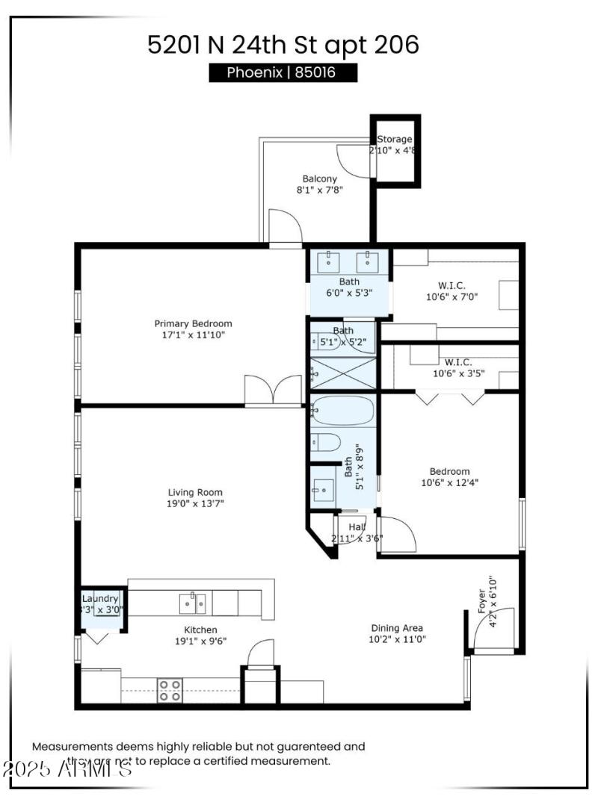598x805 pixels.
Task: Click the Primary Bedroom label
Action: pyautogui.click(x=193, y=323)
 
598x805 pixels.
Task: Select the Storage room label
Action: pyautogui.click(x=394, y=139)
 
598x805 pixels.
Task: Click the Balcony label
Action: pyautogui.click(x=319, y=178)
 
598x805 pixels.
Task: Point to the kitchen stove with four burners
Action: pyautogui.click(x=170, y=686)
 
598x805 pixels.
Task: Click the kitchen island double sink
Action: pyautogui.click(x=193, y=602)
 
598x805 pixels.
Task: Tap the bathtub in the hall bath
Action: pyautogui.click(x=343, y=410)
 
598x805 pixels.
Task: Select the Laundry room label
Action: pyautogui.click(x=100, y=599)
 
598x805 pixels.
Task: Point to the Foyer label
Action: pyautogui.click(x=482, y=601)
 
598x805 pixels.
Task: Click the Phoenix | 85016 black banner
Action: pyautogui.click(x=282, y=72)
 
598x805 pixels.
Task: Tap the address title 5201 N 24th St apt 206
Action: pyautogui.click(x=283, y=44)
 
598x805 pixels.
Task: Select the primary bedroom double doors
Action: pyautogui.click(x=274, y=391)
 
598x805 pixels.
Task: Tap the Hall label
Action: pyautogui.click(x=357, y=527)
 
